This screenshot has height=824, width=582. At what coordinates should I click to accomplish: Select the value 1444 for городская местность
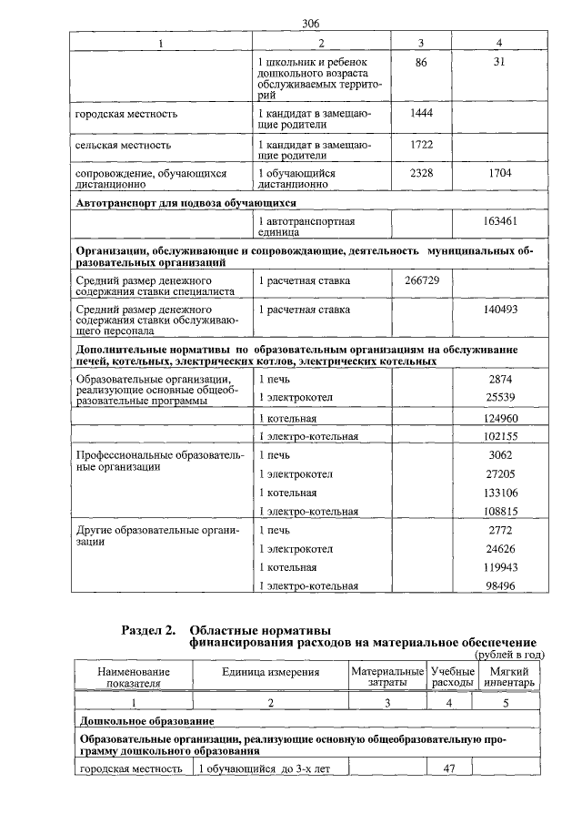(420, 112)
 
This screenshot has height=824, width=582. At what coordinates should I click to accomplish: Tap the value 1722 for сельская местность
(420, 144)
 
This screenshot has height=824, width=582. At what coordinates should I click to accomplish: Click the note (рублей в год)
(509, 655)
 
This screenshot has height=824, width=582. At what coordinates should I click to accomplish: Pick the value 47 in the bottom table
(448, 768)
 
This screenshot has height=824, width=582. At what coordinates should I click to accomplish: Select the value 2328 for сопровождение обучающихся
(420, 172)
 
